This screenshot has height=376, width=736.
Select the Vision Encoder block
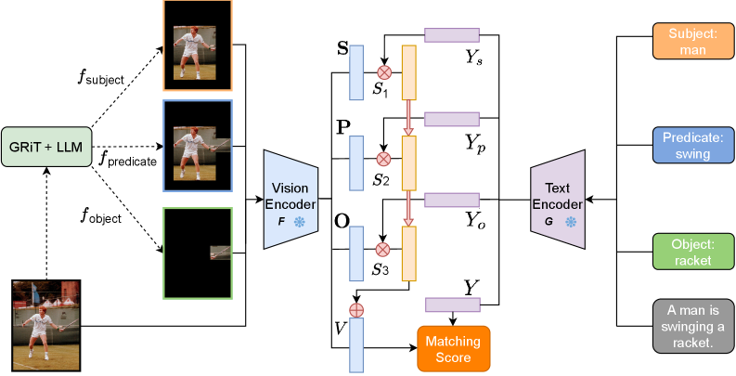(291, 199)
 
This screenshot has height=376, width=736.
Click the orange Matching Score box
(453, 349)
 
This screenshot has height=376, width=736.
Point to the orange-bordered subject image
(197, 45)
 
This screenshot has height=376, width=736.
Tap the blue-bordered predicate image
(197, 145)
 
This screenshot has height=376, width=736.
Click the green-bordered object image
(197, 252)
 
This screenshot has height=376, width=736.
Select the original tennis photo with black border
(42, 321)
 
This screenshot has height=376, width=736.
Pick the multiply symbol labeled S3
(381, 249)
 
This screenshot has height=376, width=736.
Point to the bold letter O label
(342, 223)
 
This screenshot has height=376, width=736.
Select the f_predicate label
(128, 160)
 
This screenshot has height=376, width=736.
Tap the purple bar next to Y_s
(452, 35)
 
